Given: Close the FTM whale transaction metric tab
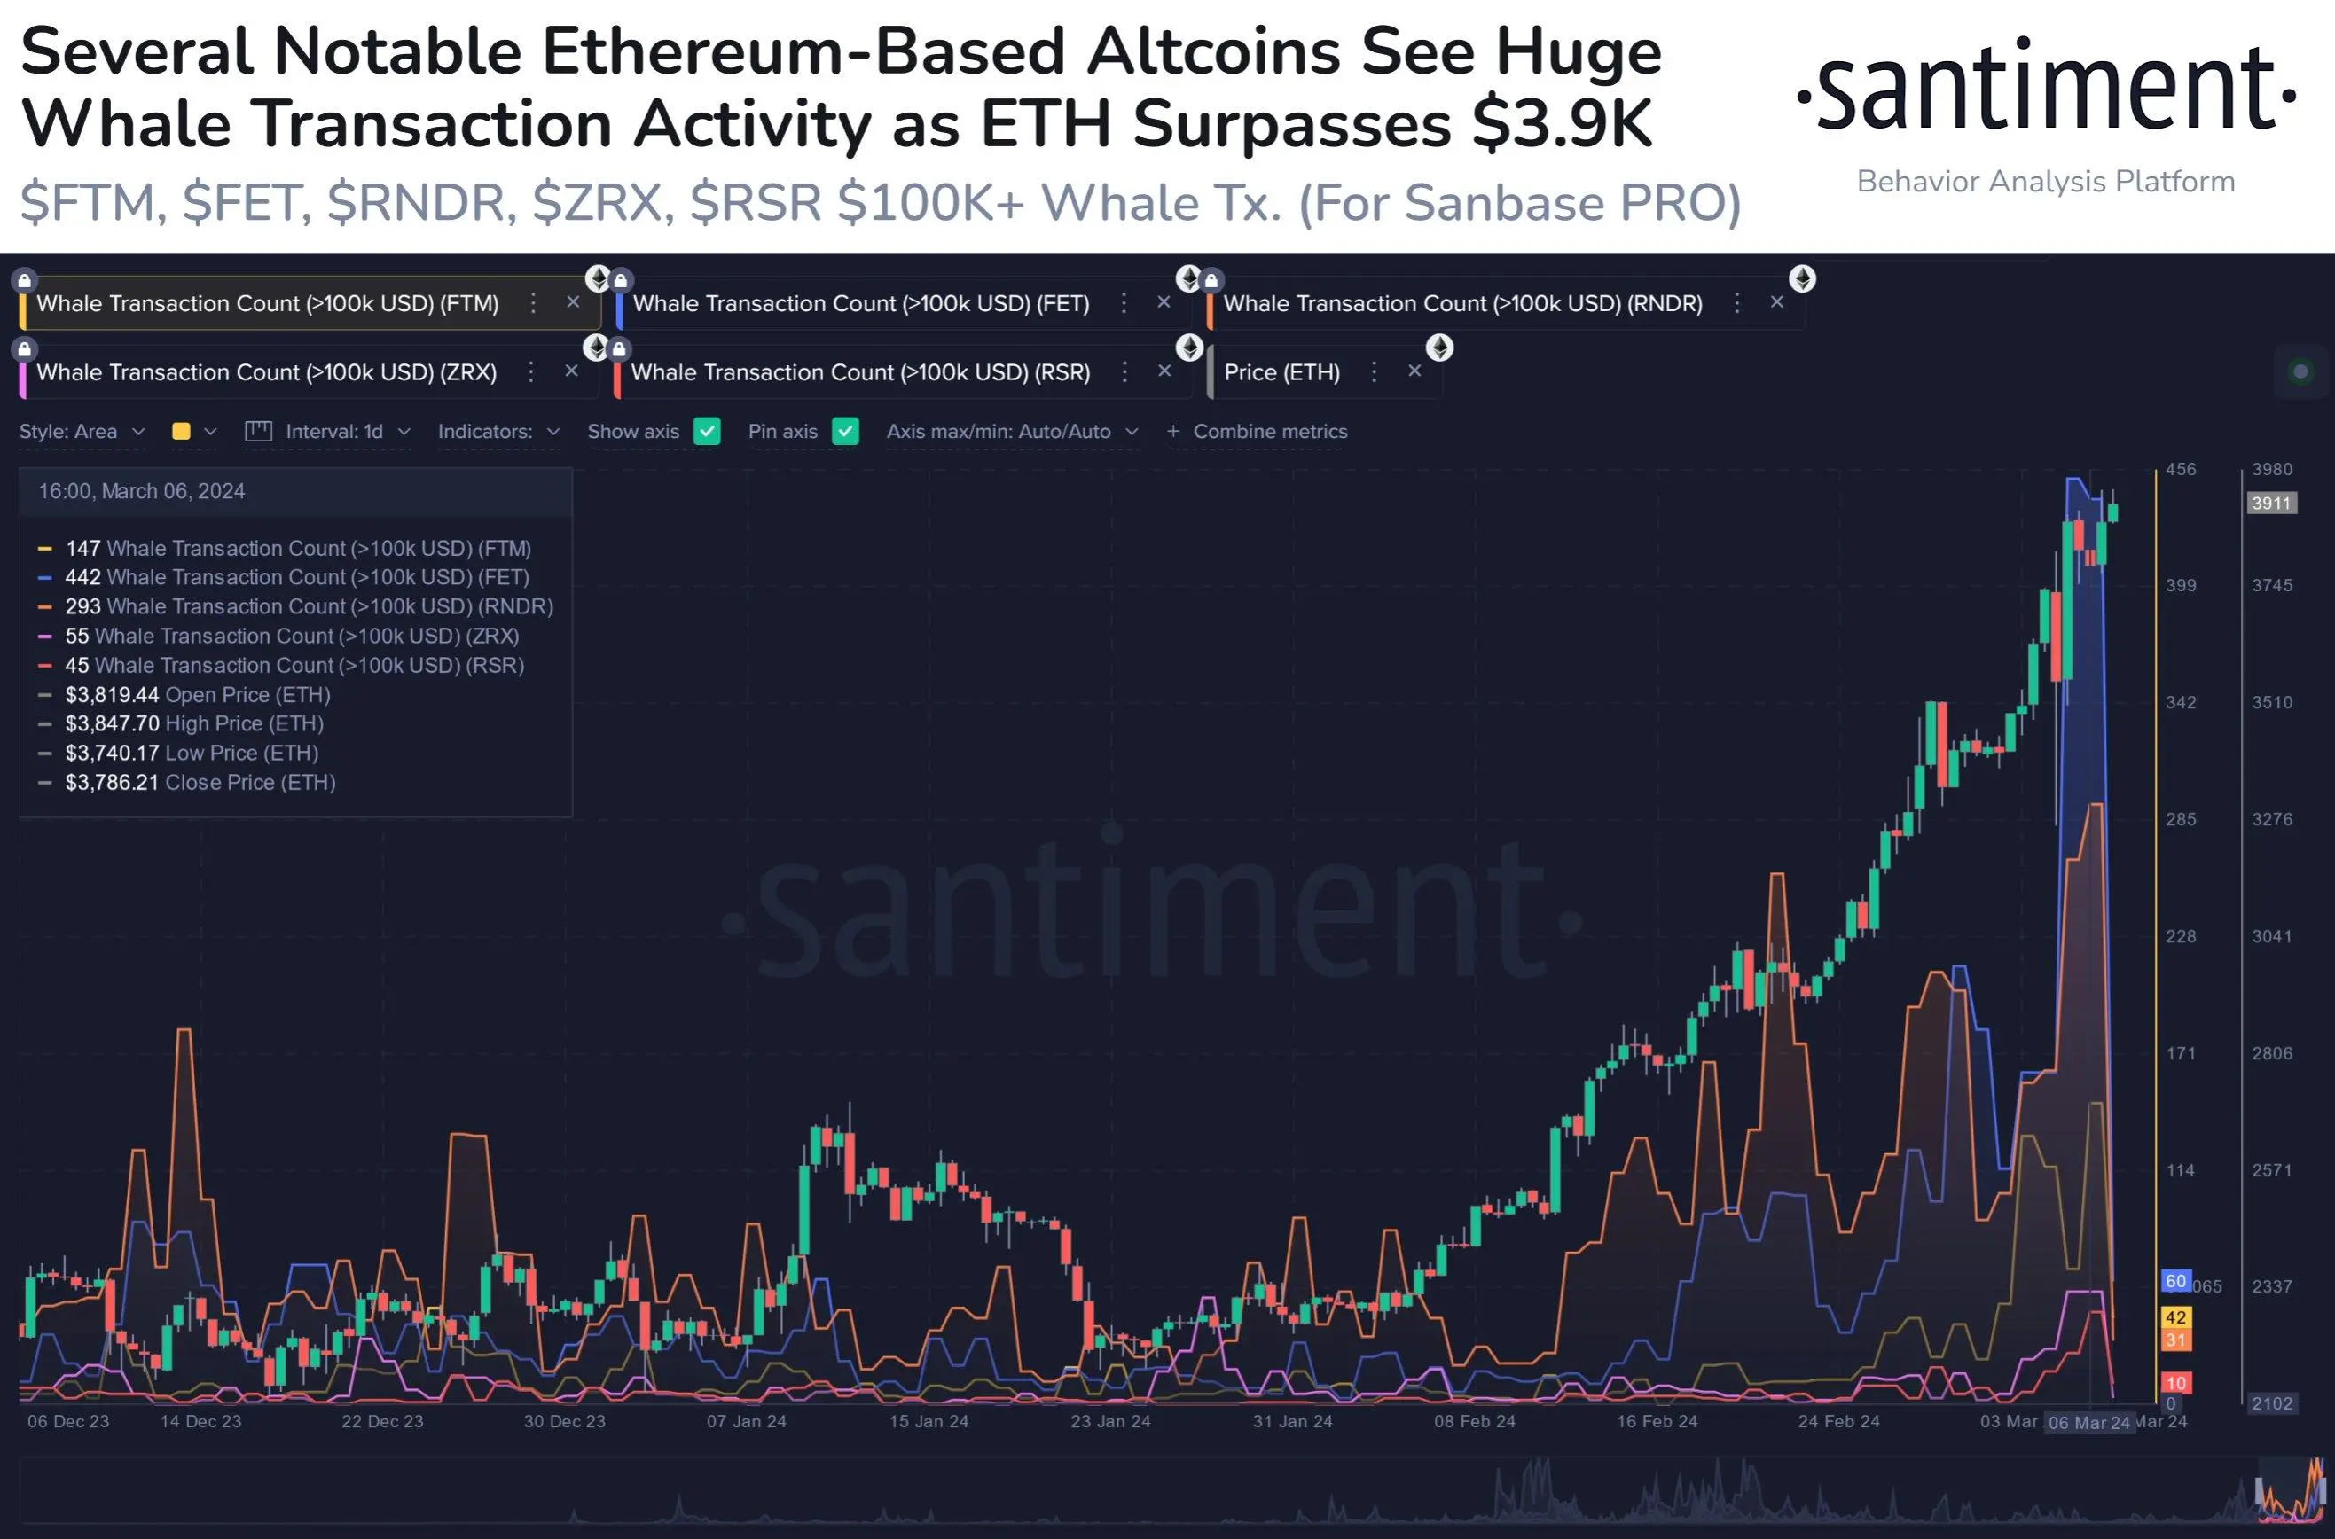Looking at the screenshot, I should pyautogui.click(x=574, y=302).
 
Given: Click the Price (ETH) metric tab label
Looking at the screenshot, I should pyautogui.click(x=1281, y=372).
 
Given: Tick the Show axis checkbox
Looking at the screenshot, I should pyautogui.click(x=707, y=431).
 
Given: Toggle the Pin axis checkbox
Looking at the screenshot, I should pyautogui.click(x=845, y=431).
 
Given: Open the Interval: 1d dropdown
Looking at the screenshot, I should pyautogui.click(x=333, y=431).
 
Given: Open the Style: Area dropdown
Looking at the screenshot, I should pyautogui.click(x=82, y=431).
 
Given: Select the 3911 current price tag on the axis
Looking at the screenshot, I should pyautogui.click(x=2270, y=504).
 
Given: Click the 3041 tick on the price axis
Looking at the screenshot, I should pyautogui.click(x=2271, y=936).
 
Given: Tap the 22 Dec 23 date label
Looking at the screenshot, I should pyautogui.click(x=382, y=1421).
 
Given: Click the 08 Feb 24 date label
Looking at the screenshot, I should pyautogui.click(x=1474, y=1421).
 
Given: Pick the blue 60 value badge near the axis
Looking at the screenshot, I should pyautogui.click(x=2175, y=1281).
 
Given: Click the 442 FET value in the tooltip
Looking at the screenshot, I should pyautogui.click(x=82, y=577).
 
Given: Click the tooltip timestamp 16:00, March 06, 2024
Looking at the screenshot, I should pyautogui.click(x=141, y=492).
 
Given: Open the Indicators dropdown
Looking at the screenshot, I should pyautogui.click(x=498, y=431).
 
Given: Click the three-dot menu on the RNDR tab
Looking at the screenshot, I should pyautogui.click(x=1736, y=303).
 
